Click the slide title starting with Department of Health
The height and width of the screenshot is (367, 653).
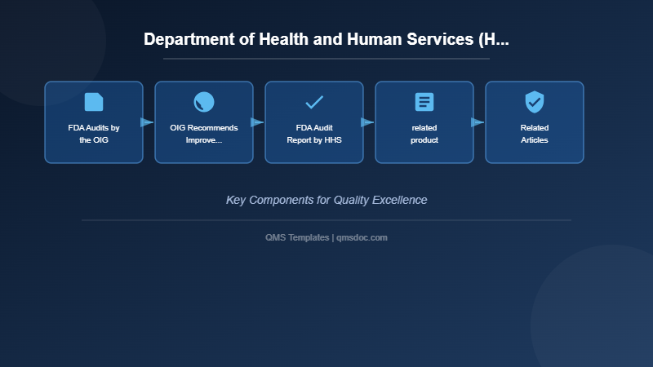(326, 39)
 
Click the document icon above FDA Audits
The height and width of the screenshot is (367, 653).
(94, 102)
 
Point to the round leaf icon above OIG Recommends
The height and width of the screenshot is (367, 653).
(204, 102)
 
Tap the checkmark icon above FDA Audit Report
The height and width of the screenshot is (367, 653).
(314, 102)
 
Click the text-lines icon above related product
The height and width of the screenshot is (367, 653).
(424, 102)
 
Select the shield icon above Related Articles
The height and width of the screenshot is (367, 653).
(535, 102)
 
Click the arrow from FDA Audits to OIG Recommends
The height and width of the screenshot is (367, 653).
(147, 122)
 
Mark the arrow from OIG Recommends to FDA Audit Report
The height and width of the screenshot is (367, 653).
(257, 122)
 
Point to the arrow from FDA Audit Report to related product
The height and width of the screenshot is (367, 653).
(367, 122)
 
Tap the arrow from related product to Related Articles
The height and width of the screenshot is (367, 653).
(478, 122)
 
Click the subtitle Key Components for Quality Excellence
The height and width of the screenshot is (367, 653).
(326, 200)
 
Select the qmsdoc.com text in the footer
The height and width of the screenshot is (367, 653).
(362, 237)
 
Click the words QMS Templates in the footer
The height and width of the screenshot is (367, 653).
(297, 237)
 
